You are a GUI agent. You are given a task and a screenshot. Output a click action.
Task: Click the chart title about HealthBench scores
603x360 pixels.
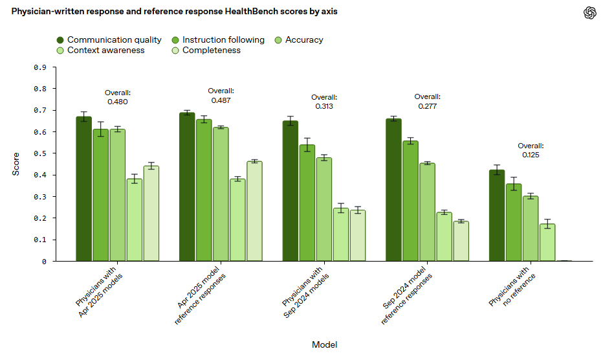click(174, 11)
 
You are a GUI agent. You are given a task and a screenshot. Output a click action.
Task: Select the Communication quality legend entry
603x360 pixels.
click(108, 39)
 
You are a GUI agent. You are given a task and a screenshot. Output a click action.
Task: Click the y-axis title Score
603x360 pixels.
click(16, 164)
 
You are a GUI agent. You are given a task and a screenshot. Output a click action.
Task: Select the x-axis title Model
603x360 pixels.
click(324, 344)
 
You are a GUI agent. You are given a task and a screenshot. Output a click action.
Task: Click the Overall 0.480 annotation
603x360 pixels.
click(117, 97)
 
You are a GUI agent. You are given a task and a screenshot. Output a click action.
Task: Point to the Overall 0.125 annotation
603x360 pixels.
click(531, 150)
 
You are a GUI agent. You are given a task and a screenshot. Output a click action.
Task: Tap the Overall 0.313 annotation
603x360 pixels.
click(323, 102)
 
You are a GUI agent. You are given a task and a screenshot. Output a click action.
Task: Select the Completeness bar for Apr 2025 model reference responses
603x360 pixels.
click(254, 211)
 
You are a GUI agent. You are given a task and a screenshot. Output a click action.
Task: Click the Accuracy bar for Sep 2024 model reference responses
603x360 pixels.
click(427, 212)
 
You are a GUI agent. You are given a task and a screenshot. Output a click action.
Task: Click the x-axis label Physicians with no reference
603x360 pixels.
click(510, 287)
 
